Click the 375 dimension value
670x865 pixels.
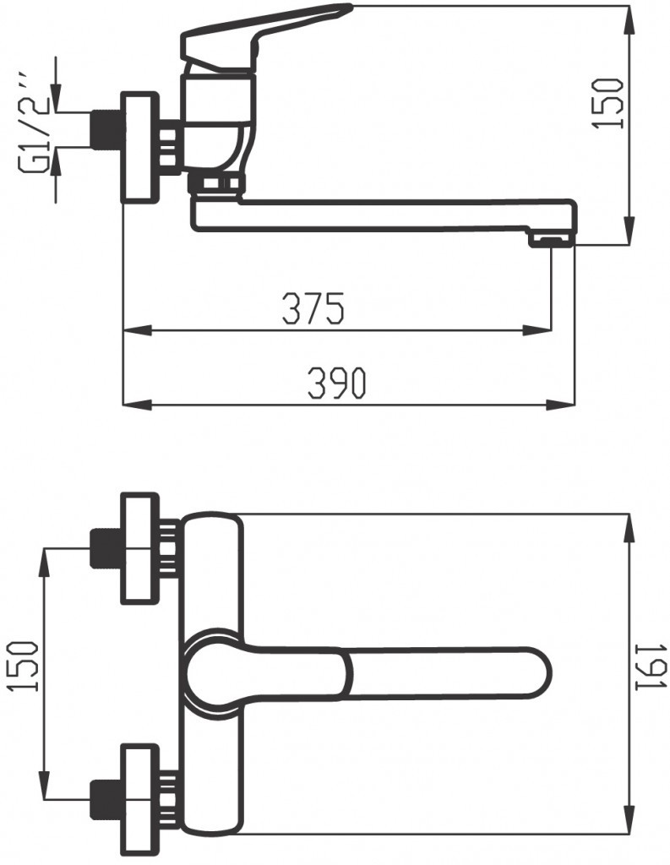(x=313, y=309)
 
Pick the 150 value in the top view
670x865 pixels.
(x=25, y=666)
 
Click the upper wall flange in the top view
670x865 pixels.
(x=140, y=548)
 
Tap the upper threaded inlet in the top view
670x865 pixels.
(x=106, y=548)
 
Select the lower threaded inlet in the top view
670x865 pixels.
(x=106, y=798)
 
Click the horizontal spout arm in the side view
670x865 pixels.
(x=380, y=215)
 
